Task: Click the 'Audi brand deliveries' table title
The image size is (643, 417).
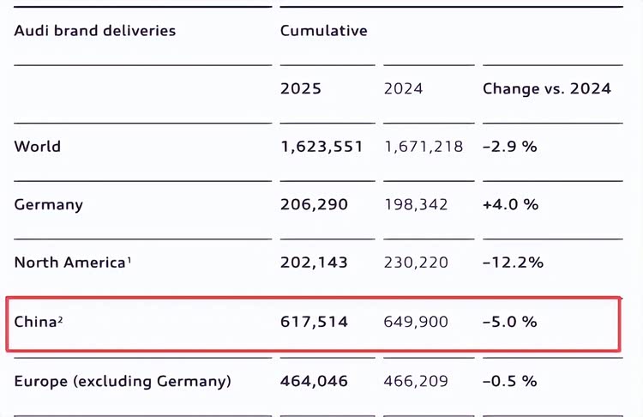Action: click(94, 31)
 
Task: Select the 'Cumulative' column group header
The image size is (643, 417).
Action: click(323, 31)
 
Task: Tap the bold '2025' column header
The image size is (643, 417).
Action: click(301, 88)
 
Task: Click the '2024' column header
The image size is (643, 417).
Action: click(403, 88)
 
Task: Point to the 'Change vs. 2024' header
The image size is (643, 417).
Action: click(546, 88)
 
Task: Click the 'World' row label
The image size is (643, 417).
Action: click(38, 147)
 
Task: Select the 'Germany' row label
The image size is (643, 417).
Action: click(48, 205)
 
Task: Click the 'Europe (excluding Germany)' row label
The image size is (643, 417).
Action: click(123, 381)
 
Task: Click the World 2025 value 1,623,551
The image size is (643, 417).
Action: click(321, 147)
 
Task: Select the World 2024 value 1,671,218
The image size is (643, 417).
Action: click(424, 147)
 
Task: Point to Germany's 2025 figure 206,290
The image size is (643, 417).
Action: click(314, 205)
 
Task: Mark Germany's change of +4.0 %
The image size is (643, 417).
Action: click(510, 205)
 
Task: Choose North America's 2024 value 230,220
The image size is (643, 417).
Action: click(416, 263)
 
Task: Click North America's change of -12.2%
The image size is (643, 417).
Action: click(513, 263)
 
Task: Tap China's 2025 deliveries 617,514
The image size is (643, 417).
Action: click(314, 322)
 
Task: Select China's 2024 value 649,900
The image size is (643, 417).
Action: click(416, 322)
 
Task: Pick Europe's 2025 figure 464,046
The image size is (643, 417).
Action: click(314, 381)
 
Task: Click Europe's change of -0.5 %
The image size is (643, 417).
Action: click(510, 381)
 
